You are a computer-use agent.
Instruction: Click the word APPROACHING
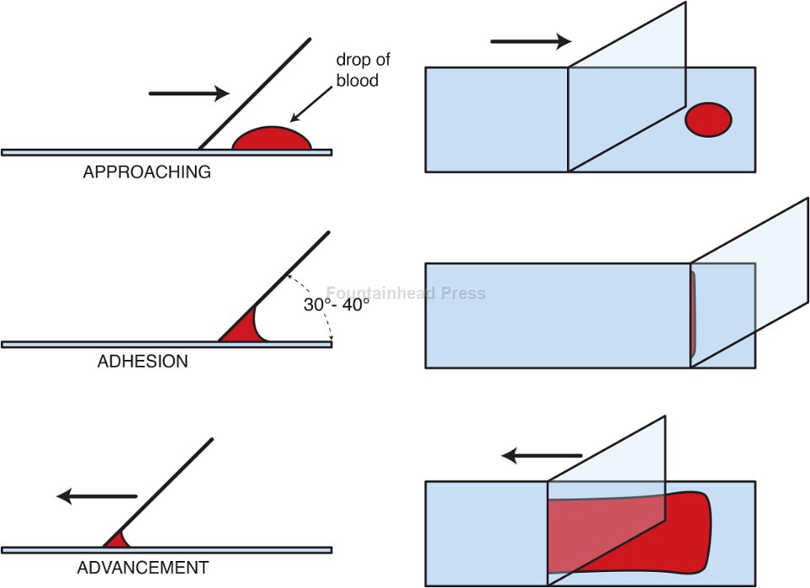pos(147,172)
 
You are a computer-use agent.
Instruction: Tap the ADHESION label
pos(143,362)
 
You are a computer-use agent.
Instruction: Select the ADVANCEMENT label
pos(143,568)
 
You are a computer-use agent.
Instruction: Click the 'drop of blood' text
pos(363,70)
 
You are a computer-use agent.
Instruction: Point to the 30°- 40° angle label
pos(337,305)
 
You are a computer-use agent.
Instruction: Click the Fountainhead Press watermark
pos(406,293)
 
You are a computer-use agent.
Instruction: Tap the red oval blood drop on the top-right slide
pos(708,120)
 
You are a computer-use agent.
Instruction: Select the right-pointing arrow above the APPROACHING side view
pos(188,93)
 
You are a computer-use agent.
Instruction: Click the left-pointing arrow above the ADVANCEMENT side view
pos(96,496)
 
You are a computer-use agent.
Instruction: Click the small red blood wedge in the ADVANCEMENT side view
pos(115,541)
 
